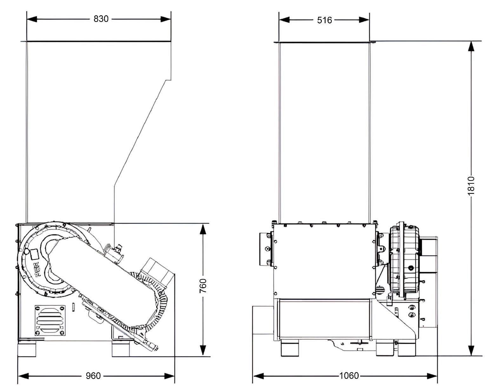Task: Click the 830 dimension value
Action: coord(101,19)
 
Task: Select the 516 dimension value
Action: coord(324,21)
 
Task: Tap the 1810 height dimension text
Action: coord(471,186)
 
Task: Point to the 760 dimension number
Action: coord(203,286)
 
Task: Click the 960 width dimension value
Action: coord(93,376)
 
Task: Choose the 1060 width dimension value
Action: coord(349,376)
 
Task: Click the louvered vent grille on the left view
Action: coord(50,321)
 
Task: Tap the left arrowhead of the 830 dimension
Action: coord(32,19)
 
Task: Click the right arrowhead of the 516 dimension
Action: coord(364,20)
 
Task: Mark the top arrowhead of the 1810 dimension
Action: coord(471,47)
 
